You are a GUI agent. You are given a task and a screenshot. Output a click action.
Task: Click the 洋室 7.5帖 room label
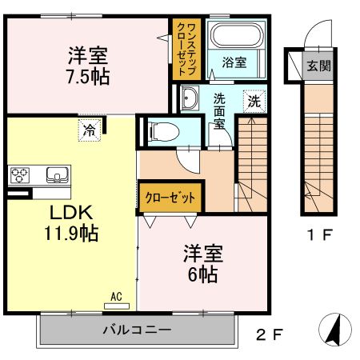click(88, 66)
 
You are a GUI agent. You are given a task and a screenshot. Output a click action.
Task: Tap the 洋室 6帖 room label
click(202, 262)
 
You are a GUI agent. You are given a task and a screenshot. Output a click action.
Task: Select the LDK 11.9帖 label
click(71, 223)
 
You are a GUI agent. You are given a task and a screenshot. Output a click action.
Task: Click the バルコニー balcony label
click(136, 330)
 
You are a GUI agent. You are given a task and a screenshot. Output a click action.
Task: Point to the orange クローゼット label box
click(170, 196)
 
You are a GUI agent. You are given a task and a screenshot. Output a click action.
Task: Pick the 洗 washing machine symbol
click(253, 102)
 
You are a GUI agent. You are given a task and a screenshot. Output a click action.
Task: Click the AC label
click(116, 298)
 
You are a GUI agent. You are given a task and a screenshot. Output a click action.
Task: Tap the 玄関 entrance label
click(318, 66)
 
